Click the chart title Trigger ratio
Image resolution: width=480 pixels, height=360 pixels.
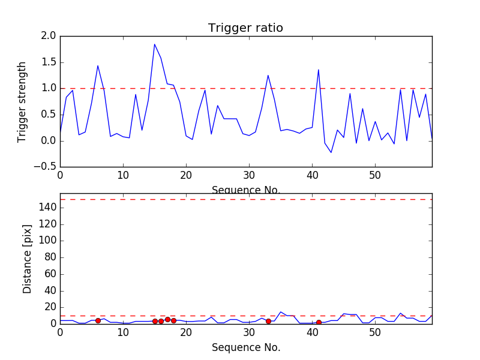(x=245, y=28)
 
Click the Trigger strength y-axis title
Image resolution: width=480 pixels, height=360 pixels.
(x=22, y=101)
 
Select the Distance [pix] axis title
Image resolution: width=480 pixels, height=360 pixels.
(x=27, y=259)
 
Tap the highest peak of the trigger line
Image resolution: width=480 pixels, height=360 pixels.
(x=155, y=44)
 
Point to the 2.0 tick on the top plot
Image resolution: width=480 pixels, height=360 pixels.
(x=49, y=36)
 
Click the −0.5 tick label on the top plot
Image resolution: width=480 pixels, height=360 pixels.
(x=46, y=167)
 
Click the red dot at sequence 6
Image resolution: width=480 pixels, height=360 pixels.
(x=98, y=320)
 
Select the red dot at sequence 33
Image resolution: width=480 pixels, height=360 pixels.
(x=268, y=321)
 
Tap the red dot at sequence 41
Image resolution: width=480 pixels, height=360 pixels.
(x=319, y=322)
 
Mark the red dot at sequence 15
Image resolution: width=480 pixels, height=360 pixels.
(x=155, y=321)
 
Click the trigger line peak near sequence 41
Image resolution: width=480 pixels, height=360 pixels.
(x=319, y=70)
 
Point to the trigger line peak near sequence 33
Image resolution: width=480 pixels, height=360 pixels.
(x=268, y=75)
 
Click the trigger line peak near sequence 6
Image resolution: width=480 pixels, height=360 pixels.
(x=98, y=65)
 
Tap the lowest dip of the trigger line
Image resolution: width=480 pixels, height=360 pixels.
(x=331, y=152)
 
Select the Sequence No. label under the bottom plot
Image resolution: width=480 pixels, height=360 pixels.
(x=245, y=347)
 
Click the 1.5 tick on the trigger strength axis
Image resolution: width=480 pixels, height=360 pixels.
(x=49, y=62)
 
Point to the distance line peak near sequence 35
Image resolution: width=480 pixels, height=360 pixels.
(x=281, y=312)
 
